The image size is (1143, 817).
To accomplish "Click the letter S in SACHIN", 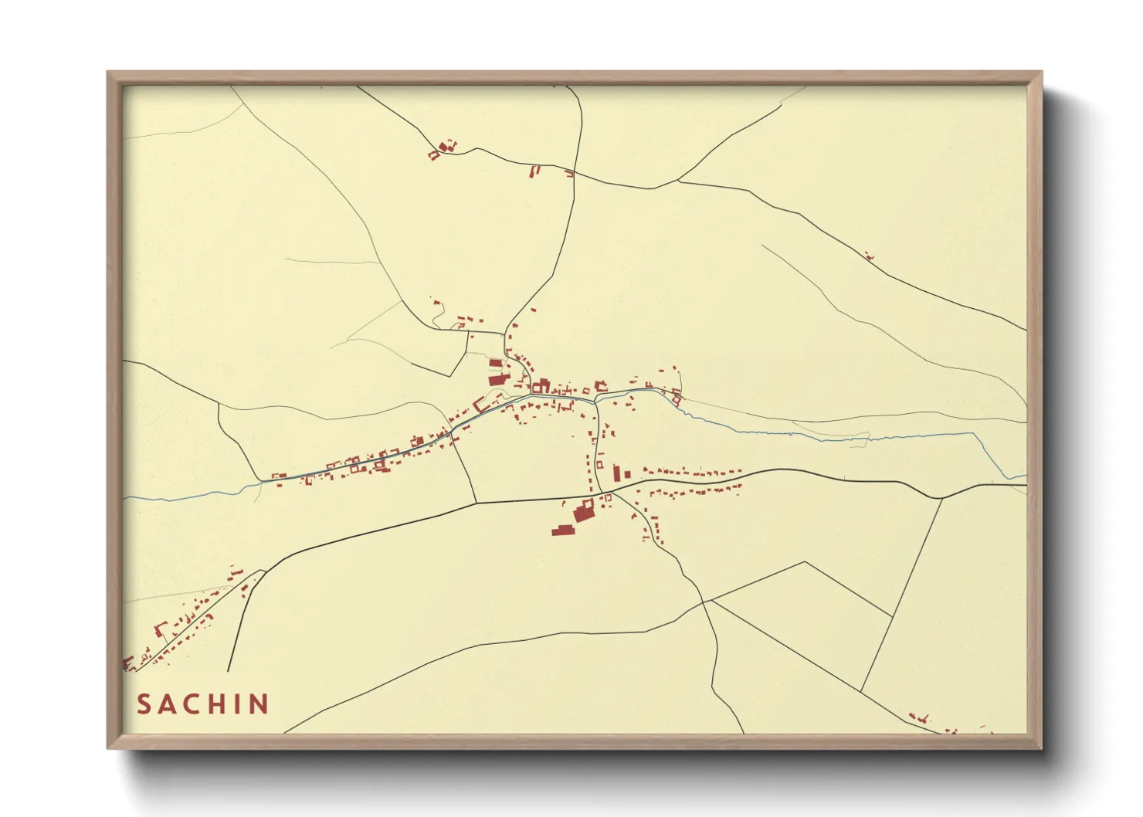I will [144, 704].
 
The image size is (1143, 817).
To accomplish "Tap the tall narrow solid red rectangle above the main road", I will [617, 473].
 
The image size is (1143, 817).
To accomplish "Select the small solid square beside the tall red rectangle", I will [628, 473].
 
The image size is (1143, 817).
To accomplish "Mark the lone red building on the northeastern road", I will [869, 256].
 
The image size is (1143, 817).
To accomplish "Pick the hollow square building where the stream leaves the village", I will [677, 399].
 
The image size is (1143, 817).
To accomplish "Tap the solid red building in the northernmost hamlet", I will [443, 146].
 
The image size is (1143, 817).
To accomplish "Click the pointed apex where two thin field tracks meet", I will [806, 562].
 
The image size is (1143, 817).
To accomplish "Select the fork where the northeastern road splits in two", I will [678, 181].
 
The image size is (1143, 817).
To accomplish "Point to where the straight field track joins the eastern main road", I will [942, 498].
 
